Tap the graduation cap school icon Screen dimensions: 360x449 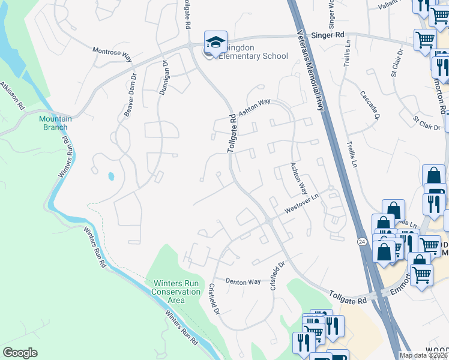(215, 41)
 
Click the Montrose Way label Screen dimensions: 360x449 (112, 53)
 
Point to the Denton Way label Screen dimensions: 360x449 (243, 281)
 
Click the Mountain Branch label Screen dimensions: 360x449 (55, 123)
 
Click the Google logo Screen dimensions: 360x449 (20, 352)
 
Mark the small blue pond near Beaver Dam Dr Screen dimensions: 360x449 (111, 177)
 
